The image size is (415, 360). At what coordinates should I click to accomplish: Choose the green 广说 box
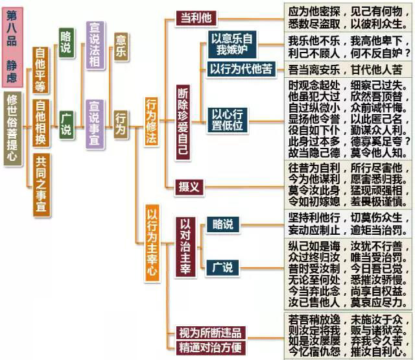(65, 122)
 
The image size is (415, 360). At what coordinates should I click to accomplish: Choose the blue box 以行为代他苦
(243, 68)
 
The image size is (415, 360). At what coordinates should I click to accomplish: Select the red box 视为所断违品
(213, 333)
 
